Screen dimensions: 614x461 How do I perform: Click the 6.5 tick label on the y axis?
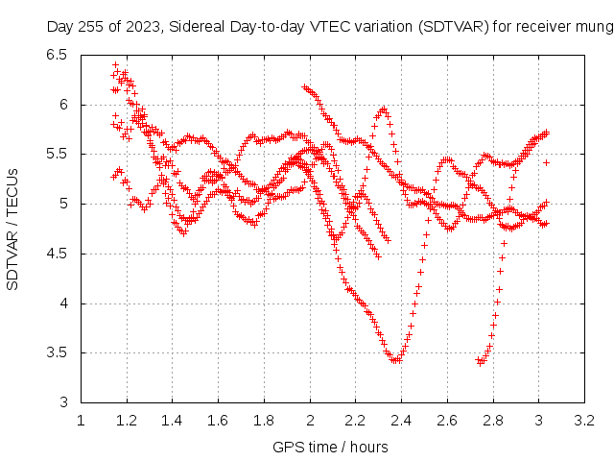tap(57, 55)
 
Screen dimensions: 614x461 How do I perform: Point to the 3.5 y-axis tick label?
tap(57, 352)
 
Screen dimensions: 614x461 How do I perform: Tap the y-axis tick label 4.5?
tap(57, 254)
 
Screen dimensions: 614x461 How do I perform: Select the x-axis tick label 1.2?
tap(127, 421)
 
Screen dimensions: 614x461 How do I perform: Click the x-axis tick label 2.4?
tap(401, 421)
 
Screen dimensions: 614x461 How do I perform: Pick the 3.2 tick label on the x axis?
tap(584, 421)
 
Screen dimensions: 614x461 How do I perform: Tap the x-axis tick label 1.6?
tap(218, 421)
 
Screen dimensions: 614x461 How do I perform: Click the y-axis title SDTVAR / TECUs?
tap(12, 230)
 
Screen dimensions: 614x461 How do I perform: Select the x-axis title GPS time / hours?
tap(330, 448)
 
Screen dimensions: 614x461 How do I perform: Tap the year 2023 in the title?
tap(143, 27)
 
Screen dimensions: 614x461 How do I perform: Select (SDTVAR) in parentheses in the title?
tap(454, 27)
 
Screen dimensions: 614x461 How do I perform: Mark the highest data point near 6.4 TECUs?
tap(115, 64)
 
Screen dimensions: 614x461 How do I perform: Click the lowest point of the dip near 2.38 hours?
tap(396, 360)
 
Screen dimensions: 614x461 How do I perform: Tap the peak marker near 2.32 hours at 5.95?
tap(384, 109)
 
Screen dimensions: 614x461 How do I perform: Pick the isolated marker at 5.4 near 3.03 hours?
tap(546, 162)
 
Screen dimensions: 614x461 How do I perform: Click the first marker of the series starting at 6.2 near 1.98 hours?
tap(304, 87)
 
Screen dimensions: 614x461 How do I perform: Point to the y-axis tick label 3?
tap(63, 402)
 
